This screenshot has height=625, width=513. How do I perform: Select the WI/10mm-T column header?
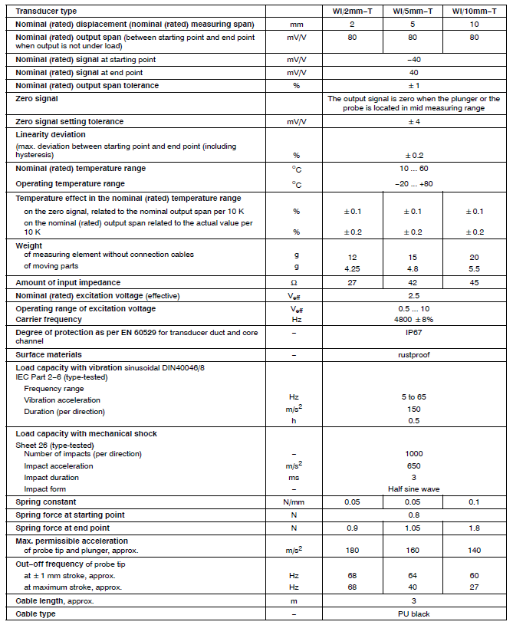(x=475, y=12)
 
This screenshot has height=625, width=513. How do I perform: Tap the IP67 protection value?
(x=414, y=334)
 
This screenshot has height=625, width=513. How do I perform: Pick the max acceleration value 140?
(x=475, y=550)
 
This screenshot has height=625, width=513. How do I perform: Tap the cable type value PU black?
(x=414, y=614)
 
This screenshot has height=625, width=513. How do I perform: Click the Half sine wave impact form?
(x=414, y=488)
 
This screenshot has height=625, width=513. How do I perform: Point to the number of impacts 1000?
(x=414, y=453)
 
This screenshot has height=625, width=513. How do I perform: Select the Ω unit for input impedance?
(x=294, y=283)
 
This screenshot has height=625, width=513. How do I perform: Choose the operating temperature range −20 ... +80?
(x=414, y=184)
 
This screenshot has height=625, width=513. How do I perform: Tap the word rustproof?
(x=414, y=355)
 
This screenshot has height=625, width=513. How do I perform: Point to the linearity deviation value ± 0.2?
(x=414, y=154)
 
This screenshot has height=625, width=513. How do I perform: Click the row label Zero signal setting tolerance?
(x=69, y=121)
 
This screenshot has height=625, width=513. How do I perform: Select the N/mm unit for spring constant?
(x=294, y=502)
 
